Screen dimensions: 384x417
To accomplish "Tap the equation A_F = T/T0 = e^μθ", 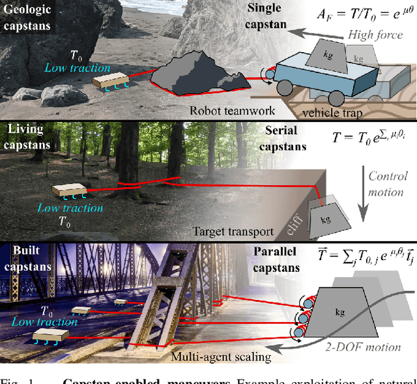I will [x=363, y=14].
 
